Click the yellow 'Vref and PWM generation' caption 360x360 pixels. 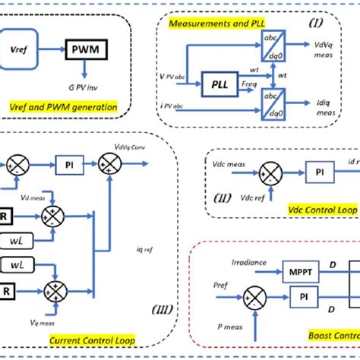65,107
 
